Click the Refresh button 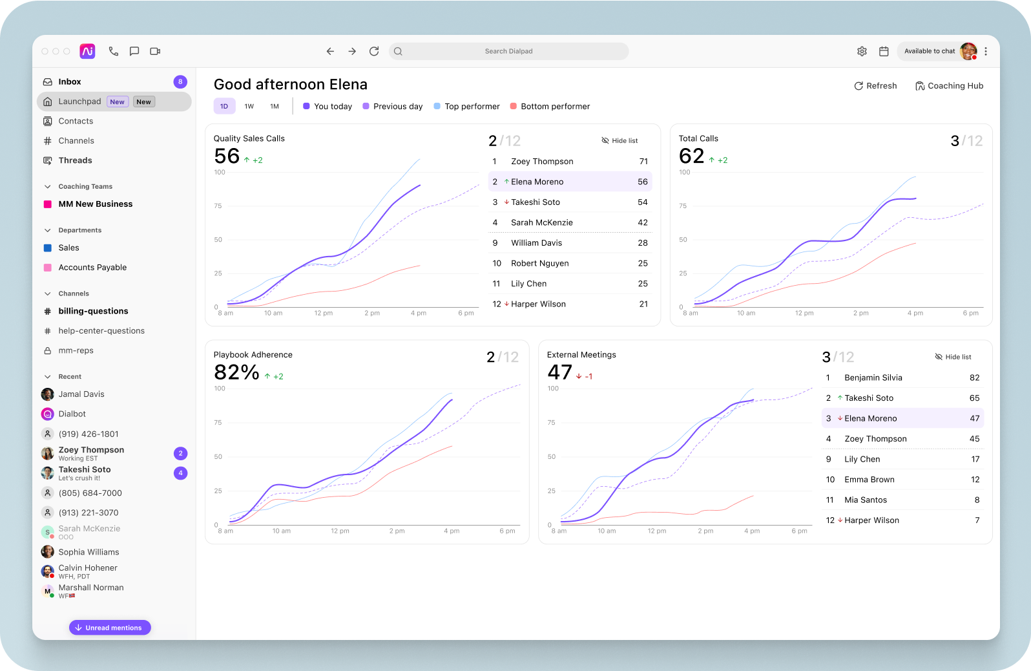[x=875, y=86]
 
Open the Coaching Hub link [x=949, y=86]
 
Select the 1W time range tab [x=249, y=107]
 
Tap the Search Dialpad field [x=508, y=51]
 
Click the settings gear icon [x=862, y=51]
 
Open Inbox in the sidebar [x=70, y=82]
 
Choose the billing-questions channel [x=93, y=312]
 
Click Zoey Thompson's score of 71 [x=643, y=162]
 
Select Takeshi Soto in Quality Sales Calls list [x=535, y=202]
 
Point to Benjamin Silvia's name [x=873, y=378]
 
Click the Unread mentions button [x=110, y=628]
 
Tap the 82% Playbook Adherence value [x=236, y=372]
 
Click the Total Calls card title [x=698, y=138]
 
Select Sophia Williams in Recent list [x=89, y=552]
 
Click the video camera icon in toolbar [x=155, y=51]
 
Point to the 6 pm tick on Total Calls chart [x=970, y=314]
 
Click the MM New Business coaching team [x=95, y=204]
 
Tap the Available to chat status [x=929, y=51]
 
